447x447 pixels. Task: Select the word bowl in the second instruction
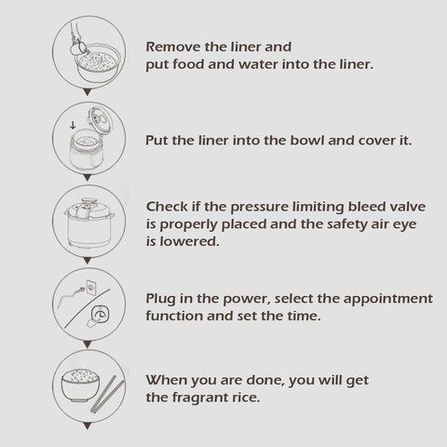click(307, 141)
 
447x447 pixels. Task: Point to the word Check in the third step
click(167, 207)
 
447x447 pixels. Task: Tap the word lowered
click(189, 241)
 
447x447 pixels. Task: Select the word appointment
click(388, 299)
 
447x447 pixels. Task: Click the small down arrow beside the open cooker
click(73, 125)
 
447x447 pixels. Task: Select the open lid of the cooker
click(100, 120)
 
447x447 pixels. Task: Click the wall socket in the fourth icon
click(91, 288)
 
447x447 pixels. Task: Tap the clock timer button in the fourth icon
click(100, 315)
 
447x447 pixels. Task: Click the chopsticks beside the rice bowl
click(107, 394)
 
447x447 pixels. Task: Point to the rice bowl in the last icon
click(81, 386)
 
